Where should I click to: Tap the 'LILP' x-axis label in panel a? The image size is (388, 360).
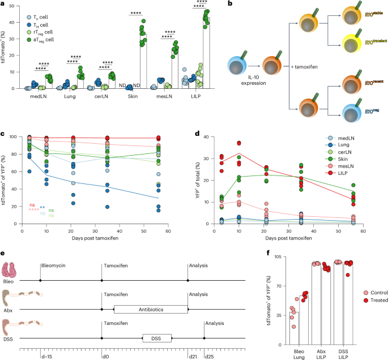click(x=202, y=96)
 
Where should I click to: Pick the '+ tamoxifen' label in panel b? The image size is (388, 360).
click(x=304, y=67)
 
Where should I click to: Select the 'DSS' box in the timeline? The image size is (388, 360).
click(x=156, y=338)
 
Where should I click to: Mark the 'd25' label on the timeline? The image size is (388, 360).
click(x=209, y=356)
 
